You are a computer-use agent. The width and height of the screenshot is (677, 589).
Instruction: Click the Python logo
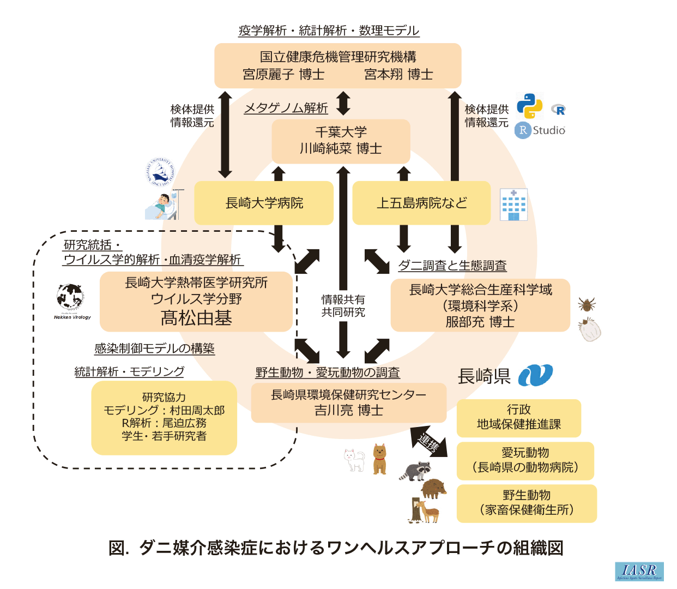[x=529, y=106]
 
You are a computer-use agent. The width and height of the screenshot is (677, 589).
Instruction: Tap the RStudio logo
[x=540, y=130]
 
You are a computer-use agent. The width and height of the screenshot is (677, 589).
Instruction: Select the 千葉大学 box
[x=341, y=141]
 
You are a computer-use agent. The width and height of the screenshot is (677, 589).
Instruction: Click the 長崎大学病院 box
[x=264, y=203]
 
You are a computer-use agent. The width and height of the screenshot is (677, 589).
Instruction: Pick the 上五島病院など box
[x=421, y=203]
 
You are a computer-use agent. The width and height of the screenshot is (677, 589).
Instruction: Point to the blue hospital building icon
[x=513, y=205]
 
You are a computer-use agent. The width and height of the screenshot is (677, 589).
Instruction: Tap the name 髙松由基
[x=196, y=318]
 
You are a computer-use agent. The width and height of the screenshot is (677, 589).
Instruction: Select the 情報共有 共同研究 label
[x=343, y=306]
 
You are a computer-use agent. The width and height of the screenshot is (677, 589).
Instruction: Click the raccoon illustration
[x=415, y=470]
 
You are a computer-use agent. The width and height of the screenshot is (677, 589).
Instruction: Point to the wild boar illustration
[x=433, y=488]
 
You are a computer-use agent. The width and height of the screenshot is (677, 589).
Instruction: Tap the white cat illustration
[x=355, y=459]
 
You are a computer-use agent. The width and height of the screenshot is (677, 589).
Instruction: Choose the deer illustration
[x=426, y=512]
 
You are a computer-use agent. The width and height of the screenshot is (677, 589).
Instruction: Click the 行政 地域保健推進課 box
[x=518, y=418]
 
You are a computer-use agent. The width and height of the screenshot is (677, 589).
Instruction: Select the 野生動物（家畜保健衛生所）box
[x=527, y=503]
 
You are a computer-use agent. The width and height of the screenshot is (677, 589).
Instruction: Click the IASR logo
[x=639, y=571]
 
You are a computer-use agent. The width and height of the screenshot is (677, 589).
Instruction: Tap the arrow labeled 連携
[x=428, y=441]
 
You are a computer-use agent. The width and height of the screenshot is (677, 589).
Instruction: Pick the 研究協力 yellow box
[x=164, y=417]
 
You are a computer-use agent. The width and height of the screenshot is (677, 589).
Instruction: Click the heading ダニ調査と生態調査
[x=452, y=266]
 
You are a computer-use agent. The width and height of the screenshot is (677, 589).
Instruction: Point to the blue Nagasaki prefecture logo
[x=535, y=375]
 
